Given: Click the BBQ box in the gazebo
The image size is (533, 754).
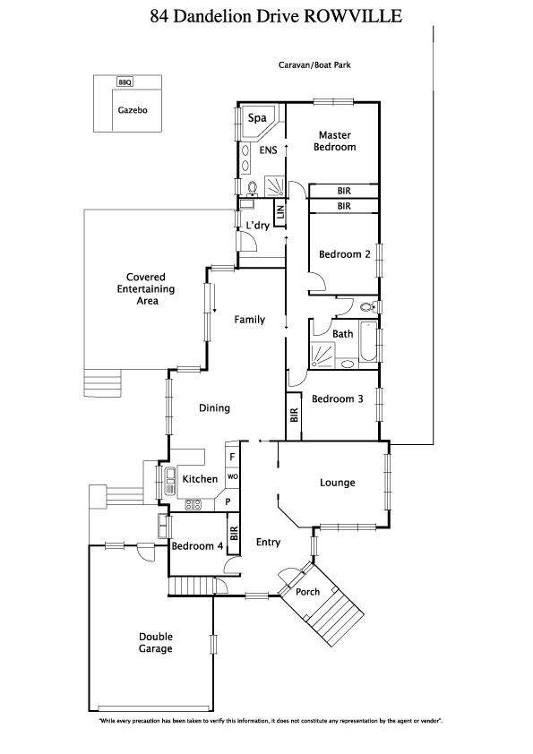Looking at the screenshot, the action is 125,82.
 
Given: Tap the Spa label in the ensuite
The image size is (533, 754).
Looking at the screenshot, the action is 257,118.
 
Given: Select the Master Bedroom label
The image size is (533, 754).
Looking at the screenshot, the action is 335,141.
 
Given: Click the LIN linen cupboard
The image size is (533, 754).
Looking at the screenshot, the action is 280,213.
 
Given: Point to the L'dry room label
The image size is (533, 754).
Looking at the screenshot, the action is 257,226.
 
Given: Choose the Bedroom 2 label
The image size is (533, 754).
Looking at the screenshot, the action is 344,254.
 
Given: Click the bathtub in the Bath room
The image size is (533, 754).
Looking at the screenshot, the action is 368,342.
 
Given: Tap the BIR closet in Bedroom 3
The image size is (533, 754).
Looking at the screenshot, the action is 294,416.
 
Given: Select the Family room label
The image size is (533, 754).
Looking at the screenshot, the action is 249,320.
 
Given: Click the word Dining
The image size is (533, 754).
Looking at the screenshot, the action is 215,408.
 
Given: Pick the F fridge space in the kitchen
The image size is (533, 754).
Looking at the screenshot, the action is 232,457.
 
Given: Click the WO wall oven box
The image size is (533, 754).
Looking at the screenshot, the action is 232,477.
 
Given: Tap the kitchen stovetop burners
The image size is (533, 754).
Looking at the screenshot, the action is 193,505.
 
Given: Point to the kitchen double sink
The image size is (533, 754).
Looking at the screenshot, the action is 170,481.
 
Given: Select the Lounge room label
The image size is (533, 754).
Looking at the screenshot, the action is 337,483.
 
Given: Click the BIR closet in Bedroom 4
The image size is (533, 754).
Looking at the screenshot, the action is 234,534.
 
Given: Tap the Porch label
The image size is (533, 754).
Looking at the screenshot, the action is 307,592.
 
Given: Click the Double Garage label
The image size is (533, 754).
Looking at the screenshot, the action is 155,642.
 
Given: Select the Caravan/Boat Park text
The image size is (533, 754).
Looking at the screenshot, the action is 314,64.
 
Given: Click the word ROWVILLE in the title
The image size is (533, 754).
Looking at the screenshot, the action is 353,16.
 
